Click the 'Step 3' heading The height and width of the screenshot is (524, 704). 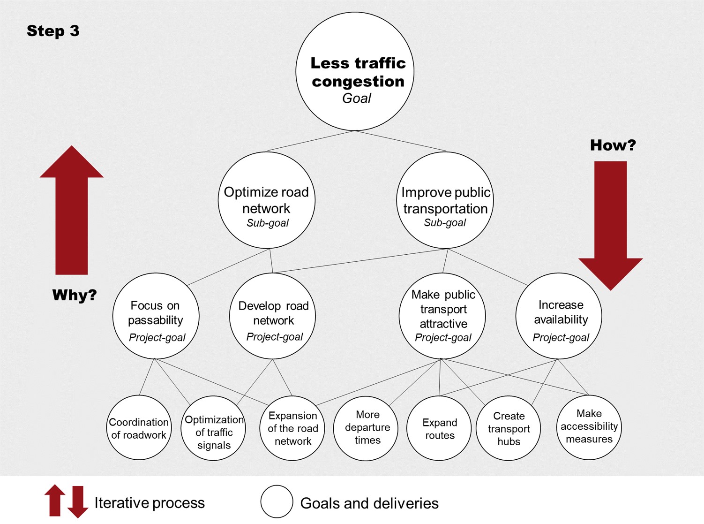(53, 31)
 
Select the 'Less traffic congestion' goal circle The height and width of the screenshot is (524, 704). (355, 72)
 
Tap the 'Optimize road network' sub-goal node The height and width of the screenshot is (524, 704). (267, 200)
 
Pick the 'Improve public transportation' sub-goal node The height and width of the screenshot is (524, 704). (445, 200)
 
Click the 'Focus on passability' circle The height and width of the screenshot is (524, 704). (156, 316)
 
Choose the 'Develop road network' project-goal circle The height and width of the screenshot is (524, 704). (272, 316)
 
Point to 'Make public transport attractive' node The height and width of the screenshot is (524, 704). (442, 316)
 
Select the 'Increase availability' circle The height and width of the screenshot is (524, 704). (559, 316)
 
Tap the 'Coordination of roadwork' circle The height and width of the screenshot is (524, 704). (139, 427)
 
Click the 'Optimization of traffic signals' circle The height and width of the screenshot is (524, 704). (213, 428)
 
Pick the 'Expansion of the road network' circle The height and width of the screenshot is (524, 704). (292, 428)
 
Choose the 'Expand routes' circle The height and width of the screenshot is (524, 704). (439, 428)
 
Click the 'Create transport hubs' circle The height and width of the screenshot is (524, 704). (508, 428)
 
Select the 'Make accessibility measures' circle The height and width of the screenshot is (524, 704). (589, 427)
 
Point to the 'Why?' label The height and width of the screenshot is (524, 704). (74, 295)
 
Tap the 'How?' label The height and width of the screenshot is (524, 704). (613, 145)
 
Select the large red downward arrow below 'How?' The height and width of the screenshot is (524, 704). (610, 225)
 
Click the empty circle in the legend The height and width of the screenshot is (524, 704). (277, 501)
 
